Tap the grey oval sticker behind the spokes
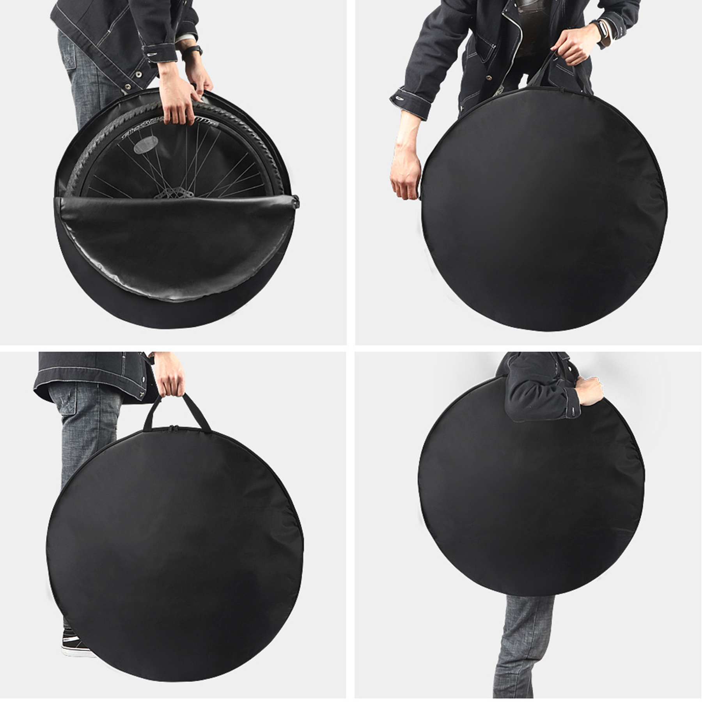146,145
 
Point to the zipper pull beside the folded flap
296,202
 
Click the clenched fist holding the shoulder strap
589,390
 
